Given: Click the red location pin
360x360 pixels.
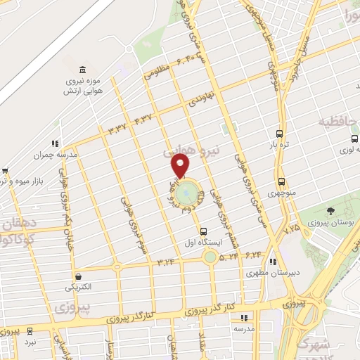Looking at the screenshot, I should [181, 166].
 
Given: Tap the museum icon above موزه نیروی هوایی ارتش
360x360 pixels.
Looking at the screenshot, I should [84, 70].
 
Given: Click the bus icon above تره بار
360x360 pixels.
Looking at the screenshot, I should [280, 134].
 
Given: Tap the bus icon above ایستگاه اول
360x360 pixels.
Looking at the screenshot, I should [204, 231].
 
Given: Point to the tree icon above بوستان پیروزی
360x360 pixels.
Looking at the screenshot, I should [331, 212].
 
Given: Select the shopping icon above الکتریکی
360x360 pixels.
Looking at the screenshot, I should [77, 276].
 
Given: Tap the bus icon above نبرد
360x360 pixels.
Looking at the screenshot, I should [30, 330].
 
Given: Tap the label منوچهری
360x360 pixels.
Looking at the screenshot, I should [281, 192].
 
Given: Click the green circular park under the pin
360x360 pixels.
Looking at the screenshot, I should [186, 191].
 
